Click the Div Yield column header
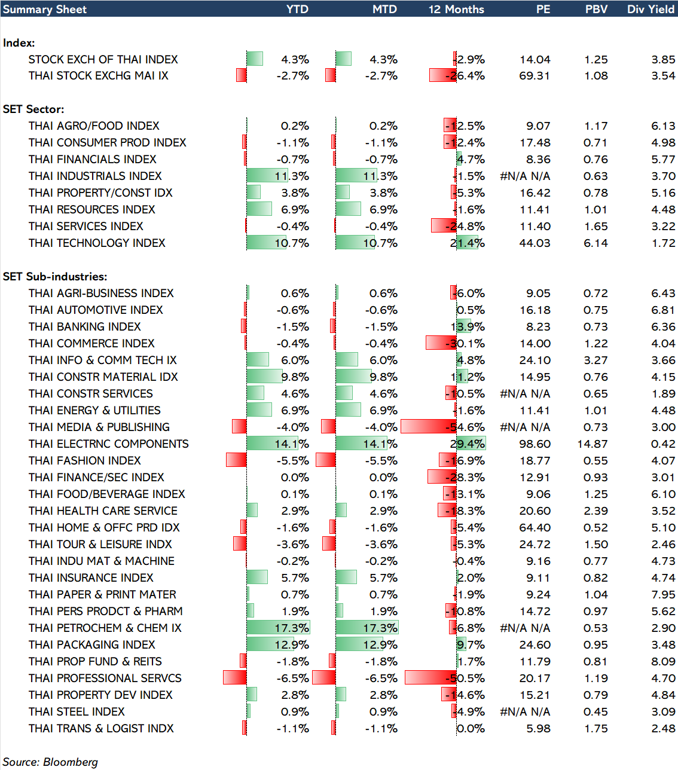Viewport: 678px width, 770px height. (650, 10)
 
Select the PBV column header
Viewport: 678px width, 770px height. (596, 10)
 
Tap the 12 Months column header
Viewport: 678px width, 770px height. (456, 10)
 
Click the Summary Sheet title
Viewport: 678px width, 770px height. (45, 10)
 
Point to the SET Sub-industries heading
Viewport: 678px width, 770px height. (55, 277)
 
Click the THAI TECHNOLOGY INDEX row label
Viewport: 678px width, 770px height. (97, 243)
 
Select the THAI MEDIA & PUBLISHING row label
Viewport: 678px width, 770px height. (99, 427)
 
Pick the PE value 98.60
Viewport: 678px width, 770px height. (535, 444)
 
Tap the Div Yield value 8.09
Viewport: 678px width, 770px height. (664, 662)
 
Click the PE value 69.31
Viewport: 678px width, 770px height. (535, 76)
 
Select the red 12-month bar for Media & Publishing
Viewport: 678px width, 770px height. (428, 427)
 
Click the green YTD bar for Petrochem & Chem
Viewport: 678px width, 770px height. (277, 628)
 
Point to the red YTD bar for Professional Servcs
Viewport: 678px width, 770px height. (235, 678)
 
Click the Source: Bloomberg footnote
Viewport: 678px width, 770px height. (50, 762)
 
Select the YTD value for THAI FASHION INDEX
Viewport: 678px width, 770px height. (293, 461)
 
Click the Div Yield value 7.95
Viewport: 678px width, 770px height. (664, 595)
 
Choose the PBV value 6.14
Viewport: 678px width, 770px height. (596, 243)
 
